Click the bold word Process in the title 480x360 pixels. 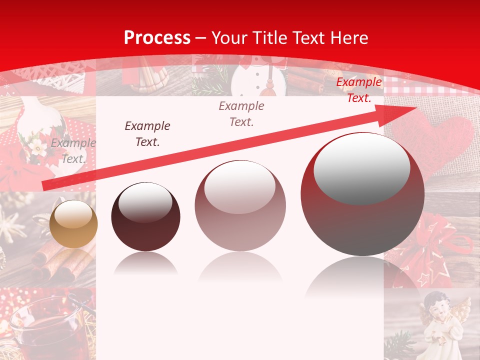[157, 37]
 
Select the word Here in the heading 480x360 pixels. [349, 37]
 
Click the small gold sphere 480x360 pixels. [73, 224]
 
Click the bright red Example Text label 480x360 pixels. [358, 90]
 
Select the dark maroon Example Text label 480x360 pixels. [147, 133]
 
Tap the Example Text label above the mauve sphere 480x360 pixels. [241, 113]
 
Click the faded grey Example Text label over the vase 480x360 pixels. [73, 151]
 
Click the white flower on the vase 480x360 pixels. [36, 147]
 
